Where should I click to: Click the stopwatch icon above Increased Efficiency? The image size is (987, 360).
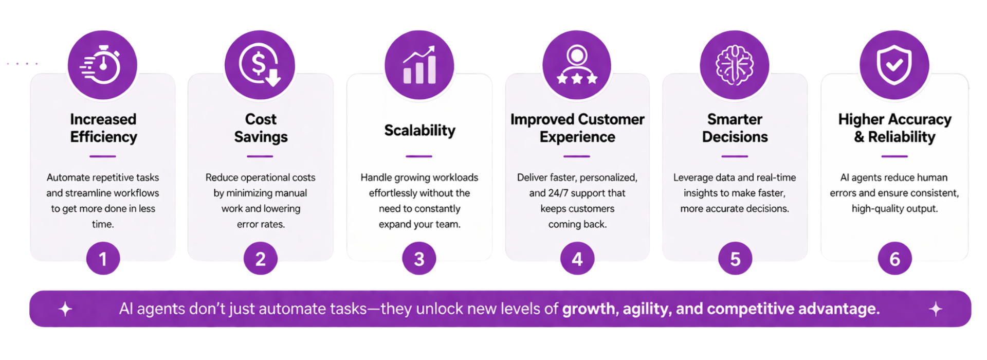(x=101, y=65)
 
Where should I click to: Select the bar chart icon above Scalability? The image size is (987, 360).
(x=419, y=65)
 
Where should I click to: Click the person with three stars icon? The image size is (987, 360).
(x=577, y=65)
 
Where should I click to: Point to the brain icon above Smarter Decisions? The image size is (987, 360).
(x=735, y=65)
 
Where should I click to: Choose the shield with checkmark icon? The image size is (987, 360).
(x=894, y=65)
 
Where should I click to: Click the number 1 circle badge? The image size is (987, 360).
(x=103, y=259)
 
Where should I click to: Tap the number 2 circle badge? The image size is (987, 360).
(x=261, y=259)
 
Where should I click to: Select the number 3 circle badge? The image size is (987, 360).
(x=419, y=259)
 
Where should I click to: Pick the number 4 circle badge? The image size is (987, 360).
(x=577, y=259)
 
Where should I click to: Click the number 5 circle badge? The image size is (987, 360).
(x=735, y=259)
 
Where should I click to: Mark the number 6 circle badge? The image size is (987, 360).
(x=894, y=259)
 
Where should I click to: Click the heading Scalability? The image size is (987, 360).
(x=419, y=131)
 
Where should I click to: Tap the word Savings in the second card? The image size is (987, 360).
(x=261, y=137)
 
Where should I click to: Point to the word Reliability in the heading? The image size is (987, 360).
(x=902, y=137)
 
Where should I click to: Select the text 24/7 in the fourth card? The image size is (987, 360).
(x=558, y=193)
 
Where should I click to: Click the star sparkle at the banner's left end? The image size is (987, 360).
(x=65, y=309)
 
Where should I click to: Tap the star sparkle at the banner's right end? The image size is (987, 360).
(x=936, y=309)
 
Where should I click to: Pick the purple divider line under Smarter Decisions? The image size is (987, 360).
(x=735, y=156)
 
